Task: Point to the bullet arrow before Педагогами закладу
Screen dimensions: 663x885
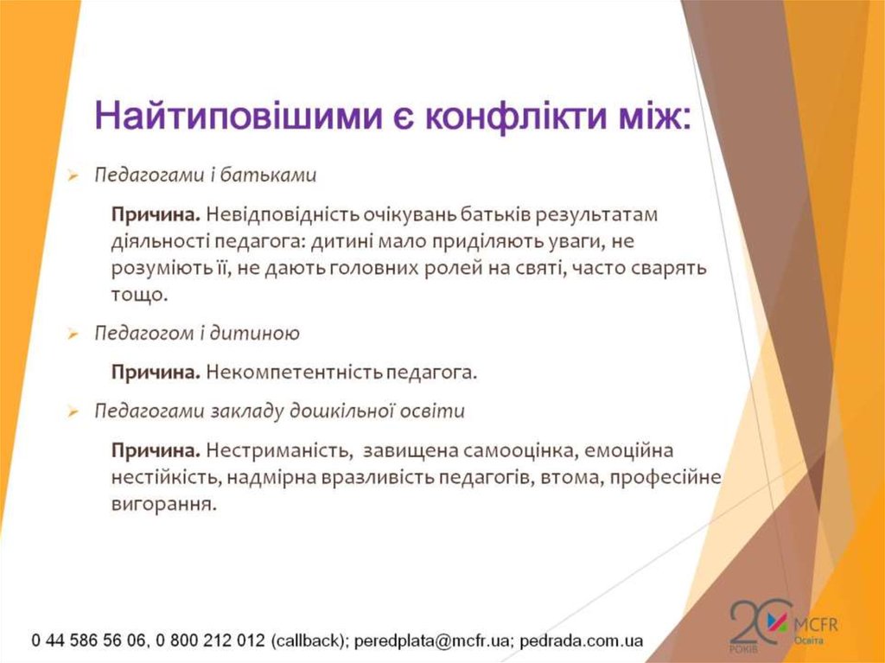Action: coord(73,412)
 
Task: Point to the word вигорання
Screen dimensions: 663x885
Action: coord(162,503)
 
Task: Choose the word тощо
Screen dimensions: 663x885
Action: coord(137,295)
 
